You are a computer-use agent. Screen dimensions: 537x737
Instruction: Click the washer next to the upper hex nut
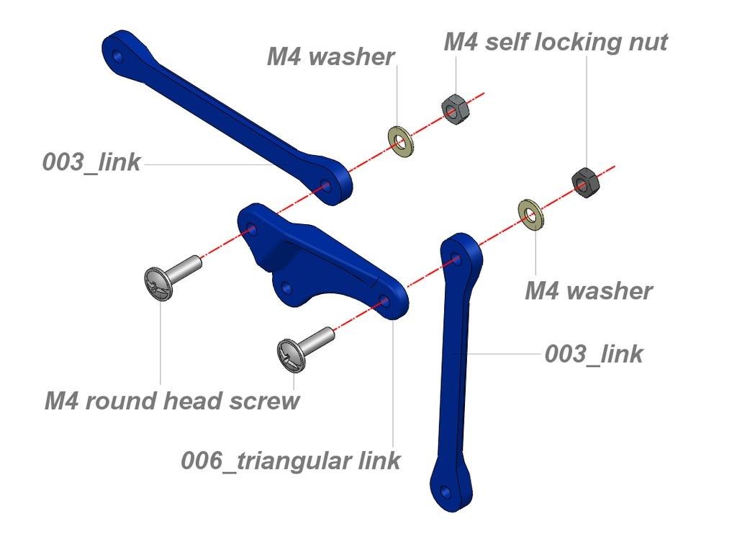click(401, 141)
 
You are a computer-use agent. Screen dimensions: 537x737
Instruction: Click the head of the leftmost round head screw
click(160, 283)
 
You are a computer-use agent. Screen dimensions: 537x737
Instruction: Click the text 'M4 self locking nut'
click(555, 42)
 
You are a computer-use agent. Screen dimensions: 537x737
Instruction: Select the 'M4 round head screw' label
click(171, 401)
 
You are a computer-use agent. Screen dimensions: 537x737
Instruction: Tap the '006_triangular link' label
click(290, 460)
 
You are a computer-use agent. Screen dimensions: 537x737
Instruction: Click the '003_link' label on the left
click(91, 162)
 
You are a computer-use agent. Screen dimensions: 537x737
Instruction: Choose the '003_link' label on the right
click(593, 354)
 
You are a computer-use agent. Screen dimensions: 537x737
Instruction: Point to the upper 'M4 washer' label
click(330, 57)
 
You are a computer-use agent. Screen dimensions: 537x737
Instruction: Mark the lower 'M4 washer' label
click(588, 291)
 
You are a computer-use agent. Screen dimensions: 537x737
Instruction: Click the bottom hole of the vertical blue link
click(446, 492)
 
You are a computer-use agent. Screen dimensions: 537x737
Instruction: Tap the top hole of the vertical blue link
click(456, 257)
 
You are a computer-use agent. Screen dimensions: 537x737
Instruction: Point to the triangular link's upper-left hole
click(251, 230)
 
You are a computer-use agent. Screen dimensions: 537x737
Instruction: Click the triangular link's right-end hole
click(384, 300)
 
